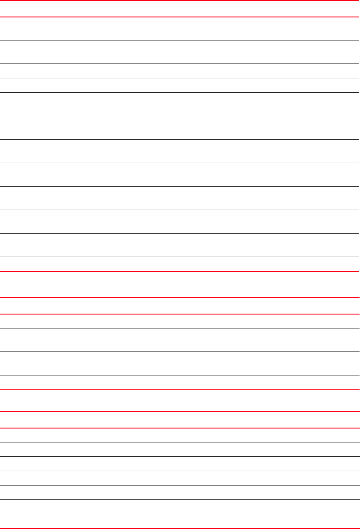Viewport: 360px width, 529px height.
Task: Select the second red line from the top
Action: pyautogui.click(x=180, y=17)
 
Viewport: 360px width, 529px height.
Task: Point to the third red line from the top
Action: pyautogui.click(x=180, y=271)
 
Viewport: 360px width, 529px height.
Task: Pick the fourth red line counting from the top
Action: pyautogui.click(x=180, y=298)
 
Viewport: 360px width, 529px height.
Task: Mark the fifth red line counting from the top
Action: pyautogui.click(x=180, y=314)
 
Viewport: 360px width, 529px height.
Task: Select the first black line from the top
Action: pyautogui.click(x=180, y=40)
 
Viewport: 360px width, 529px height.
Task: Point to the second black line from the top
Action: pyautogui.click(x=180, y=64)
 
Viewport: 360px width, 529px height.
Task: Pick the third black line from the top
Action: pyautogui.click(x=180, y=78)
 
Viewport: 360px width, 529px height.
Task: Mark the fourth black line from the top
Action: pyautogui.click(x=180, y=92)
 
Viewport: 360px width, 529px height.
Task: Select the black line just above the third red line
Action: pyautogui.click(x=180, y=257)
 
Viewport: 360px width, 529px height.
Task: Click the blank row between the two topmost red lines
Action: pyautogui.click(x=180, y=9)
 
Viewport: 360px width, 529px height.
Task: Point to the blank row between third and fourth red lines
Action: pyautogui.click(x=180, y=285)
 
